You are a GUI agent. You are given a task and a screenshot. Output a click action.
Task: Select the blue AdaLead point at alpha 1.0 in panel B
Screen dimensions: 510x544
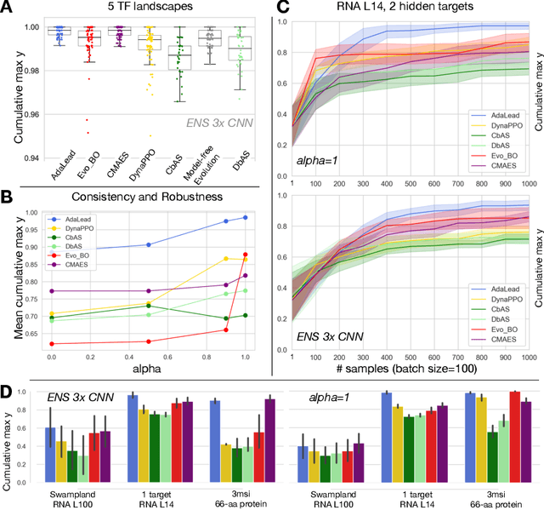[x=246, y=218]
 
